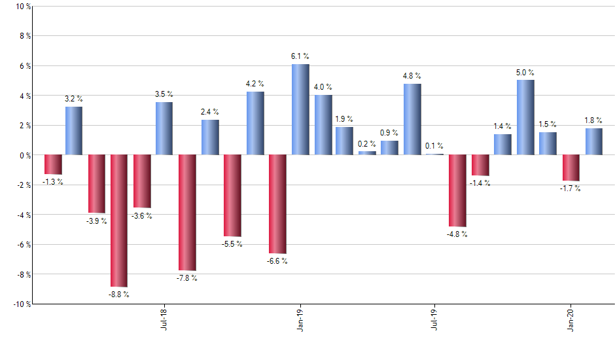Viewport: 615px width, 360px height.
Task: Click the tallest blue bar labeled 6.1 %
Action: point(300,109)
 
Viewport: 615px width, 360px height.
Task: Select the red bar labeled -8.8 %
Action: point(119,221)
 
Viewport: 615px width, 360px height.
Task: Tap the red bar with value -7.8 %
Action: point(187,213)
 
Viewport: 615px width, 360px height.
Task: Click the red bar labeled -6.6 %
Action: point(277,204)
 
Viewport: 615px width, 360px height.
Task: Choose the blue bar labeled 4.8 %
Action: point(412,119)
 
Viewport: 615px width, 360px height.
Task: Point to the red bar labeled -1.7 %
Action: point(571,168)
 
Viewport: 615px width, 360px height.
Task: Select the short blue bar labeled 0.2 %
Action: point(367,153)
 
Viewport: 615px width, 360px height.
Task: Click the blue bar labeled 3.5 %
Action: point(164,128)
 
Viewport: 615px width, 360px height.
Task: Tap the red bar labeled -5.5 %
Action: point(232,196)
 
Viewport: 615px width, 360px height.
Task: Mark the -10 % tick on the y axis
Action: point(21,304)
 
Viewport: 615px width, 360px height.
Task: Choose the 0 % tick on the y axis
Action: point(24,156)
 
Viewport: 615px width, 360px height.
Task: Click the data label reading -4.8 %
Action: point(457,234)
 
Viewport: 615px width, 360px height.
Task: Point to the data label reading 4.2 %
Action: point(255,84)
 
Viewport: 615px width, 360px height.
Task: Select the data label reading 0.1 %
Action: point(434,146)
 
